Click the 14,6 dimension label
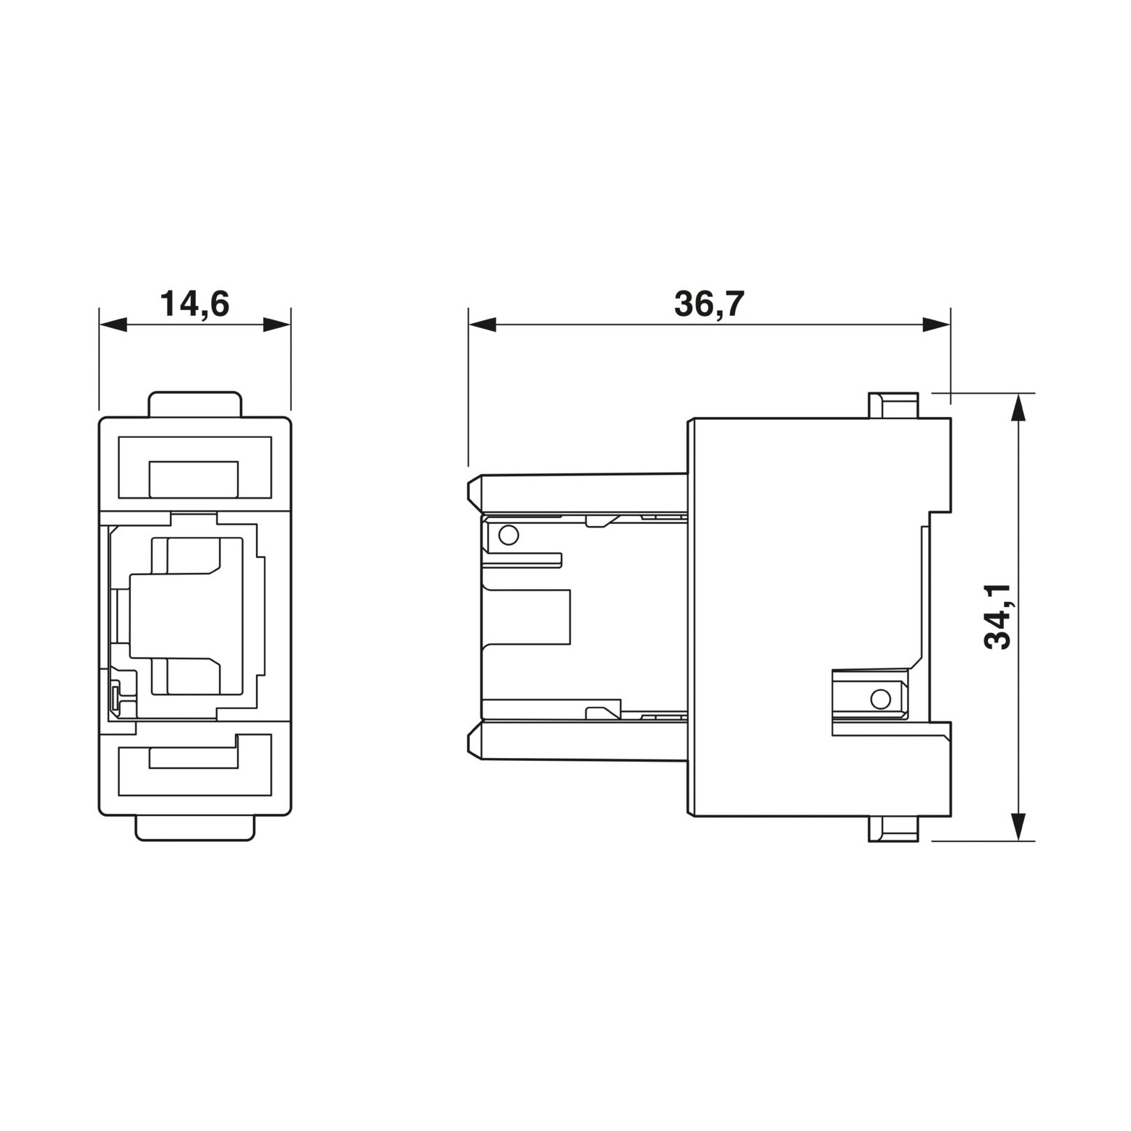194,304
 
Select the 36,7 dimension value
709,304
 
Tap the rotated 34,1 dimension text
998,616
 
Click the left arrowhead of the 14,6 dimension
113,325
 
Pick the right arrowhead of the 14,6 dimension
277,325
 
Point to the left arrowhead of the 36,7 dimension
482,325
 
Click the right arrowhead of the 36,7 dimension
937,325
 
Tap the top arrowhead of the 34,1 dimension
1018,407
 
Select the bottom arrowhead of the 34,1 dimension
1018,827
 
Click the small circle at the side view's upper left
509,535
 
